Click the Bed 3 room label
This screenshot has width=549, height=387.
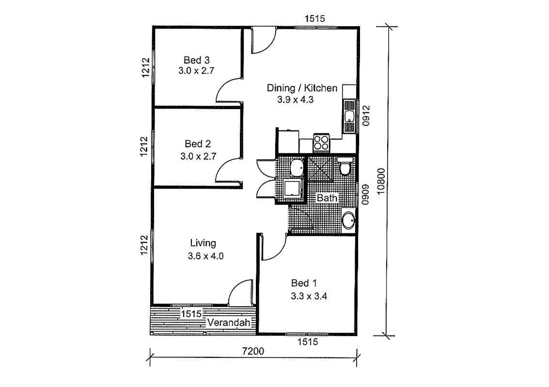pos(196,60)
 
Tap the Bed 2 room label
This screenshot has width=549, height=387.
pos(198,144)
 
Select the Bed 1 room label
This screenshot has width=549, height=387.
pos(305,283)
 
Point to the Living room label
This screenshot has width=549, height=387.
pos(203,243)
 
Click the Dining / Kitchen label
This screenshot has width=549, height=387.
pos(302,88)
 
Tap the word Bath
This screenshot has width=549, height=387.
pos(327,198)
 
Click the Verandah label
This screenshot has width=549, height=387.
pos(229,322)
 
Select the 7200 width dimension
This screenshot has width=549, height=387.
pos(253,351)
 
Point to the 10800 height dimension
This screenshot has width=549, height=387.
pos(381,181)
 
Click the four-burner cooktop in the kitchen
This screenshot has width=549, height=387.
pos(321,143)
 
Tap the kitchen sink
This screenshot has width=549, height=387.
pos(349,116)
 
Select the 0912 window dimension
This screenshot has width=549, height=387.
pos(366,116)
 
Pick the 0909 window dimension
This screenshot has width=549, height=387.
pos(365,195)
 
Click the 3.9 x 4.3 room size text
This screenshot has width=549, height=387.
pos(296,100)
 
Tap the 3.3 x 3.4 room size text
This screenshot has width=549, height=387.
pos(309,297)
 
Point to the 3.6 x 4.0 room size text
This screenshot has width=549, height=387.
pos(205,256)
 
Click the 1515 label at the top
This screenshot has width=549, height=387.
pos(315,18)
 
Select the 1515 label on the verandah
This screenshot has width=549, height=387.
pos(191,314)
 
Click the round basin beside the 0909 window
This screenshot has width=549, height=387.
pos(348,221)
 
